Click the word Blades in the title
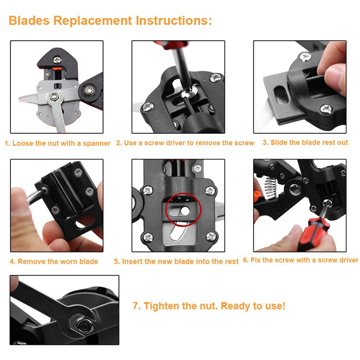pyautogui.click(x=29, y=20)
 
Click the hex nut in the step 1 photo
pyautogui.click(x=55, y=96)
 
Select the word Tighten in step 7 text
pyautogui.click(x=161, y=306)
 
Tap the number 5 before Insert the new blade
pyautogui.click(x=116, y=261)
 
